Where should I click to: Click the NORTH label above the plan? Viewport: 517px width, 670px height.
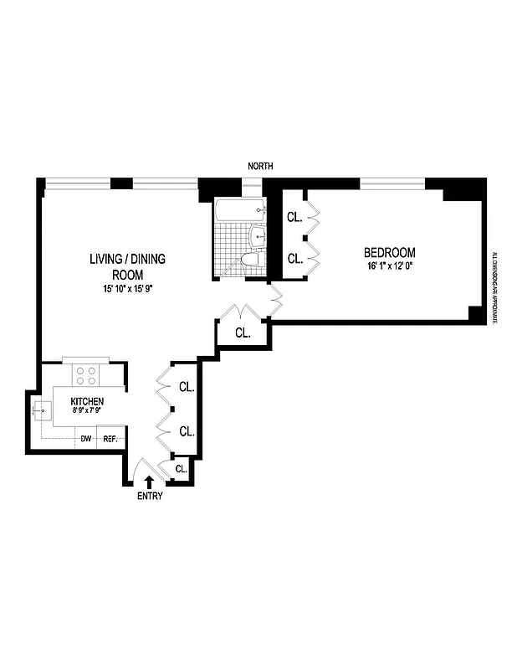(260, 167)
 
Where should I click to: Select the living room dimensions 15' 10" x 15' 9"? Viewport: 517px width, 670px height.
(127, 289)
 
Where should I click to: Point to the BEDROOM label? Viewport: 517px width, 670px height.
(389, 252)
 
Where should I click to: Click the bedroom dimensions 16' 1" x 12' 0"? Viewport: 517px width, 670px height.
(389, 266)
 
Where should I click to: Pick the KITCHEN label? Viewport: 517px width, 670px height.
(87, 402)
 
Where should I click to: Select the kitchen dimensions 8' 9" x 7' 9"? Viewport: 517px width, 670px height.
(87, 412)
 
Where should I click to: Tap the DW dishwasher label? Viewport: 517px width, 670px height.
(85, 438)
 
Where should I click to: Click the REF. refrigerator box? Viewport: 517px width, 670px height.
(110, 438)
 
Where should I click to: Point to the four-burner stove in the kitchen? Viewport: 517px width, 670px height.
(85, 374)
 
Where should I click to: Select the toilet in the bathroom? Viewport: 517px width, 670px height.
(249, 260)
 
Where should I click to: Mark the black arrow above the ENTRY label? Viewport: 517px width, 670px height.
(149, 481)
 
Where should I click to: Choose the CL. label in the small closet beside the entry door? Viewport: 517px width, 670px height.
(181, 469)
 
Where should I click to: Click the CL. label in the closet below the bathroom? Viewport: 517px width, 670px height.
(243, 332)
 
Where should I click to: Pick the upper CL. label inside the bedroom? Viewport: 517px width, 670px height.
(294, 217)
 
